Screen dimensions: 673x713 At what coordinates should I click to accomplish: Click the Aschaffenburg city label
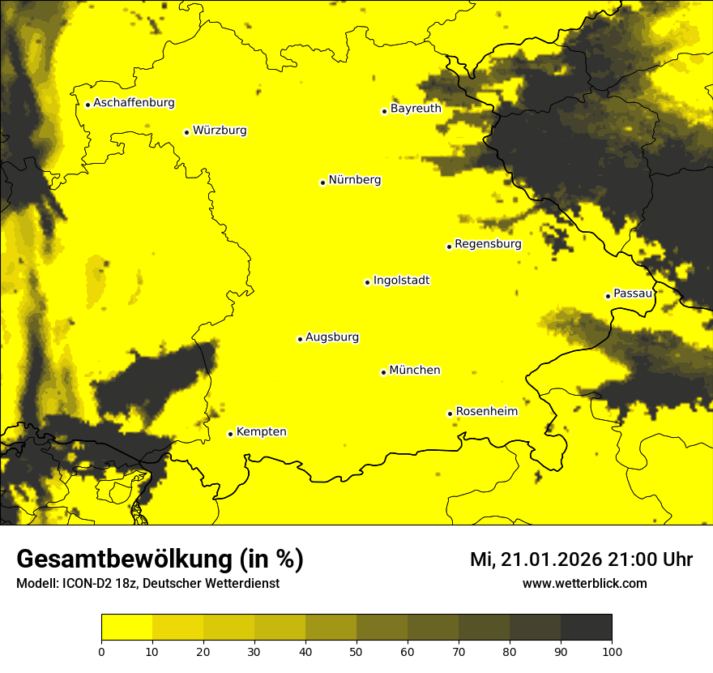pyautogui.click(x=134, y=103)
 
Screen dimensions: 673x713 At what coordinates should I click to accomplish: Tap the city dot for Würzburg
pyautogui.click(x=186, y=132)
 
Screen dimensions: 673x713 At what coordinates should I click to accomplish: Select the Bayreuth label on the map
pyautogui.click(x=416, y=109)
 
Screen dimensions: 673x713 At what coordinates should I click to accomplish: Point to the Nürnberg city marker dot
pyautogui.click(x=322, y=182)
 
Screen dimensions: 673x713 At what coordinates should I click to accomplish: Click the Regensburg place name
pyautogui.click(x=488, y=244)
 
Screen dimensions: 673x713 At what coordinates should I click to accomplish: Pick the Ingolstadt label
pyautogui.click(x=401, y=281)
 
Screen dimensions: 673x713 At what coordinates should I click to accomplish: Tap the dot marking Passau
pyautogui.click(x=608, y=296)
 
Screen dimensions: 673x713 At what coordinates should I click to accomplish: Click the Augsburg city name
pyautogui.click(x=332, y=337)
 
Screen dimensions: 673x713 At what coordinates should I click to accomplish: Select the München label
pyautogui.click(x=415, y=371)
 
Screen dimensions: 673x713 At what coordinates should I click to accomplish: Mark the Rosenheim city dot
pyautogui.click(x=450, y=414)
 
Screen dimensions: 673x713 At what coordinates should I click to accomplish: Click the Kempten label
pyautogui.click(x=261, y=432)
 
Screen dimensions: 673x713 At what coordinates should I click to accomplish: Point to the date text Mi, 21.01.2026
pyautogui.click(x=534, y=559)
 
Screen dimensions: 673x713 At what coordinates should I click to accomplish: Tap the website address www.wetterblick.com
pyautogui.click(x=584, y=583)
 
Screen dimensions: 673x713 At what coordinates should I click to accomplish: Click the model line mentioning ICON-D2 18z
pyautogui.click(x=147, y=583)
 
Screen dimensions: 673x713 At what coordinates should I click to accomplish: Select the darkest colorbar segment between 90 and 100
pyautogui.click(x=586, y=628)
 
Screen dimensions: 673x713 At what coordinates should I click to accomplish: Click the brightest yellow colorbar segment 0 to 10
pyautogui.click(x=126, y=628)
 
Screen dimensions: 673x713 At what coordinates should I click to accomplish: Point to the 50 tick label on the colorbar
pyautogui.click(x=356, y=650)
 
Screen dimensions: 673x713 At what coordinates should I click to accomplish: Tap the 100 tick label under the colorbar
pyautogui.click(x=612, y=650)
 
